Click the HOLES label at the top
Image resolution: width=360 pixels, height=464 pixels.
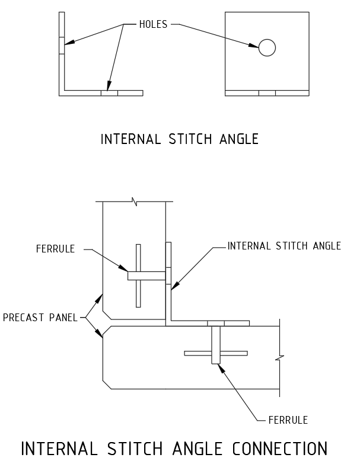click(153, 24)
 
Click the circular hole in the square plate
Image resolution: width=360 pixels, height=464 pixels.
click(267, 47)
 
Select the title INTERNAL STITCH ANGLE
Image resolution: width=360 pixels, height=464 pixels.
click(180, 139)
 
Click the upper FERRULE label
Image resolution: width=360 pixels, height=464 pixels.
click(56, 249)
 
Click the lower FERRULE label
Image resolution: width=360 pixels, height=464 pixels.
click(288, 420)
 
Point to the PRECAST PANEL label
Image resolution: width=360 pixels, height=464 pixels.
click(40, 318)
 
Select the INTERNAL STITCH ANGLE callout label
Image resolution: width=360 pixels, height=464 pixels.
click(285, 246)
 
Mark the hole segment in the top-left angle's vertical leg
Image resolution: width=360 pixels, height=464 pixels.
click(62, 46)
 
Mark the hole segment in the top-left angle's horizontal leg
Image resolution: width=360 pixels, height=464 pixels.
click(109, 93)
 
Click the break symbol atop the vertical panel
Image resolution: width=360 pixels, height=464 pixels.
click(136, 203)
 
